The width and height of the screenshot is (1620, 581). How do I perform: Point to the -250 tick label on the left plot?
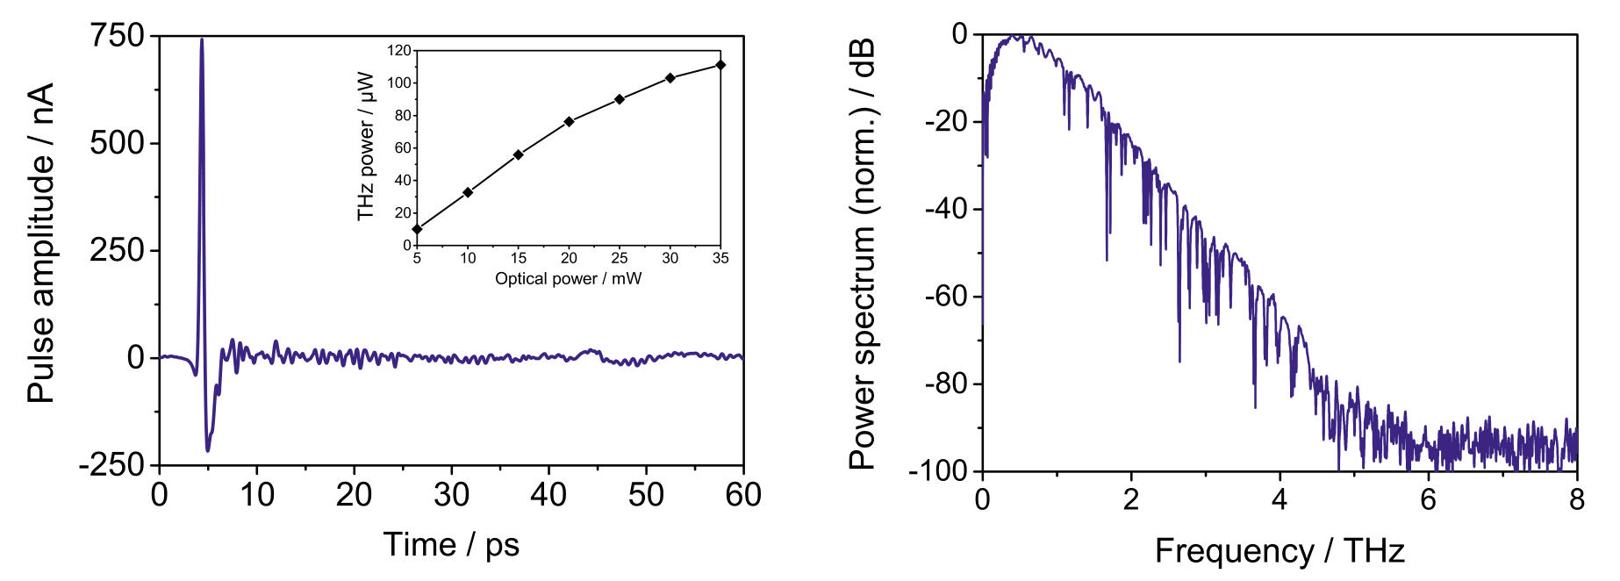pos(111,465)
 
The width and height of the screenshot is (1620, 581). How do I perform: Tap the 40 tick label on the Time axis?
pos(548,496)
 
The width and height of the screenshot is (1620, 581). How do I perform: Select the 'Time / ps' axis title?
pos(451,545)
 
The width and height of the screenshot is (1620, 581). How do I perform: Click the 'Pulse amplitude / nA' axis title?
pos(40,244)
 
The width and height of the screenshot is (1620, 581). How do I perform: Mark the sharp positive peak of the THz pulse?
pos(202,39)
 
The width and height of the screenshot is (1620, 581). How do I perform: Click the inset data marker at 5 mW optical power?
pos(417,229)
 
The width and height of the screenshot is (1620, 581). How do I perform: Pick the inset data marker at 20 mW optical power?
pos(569,121)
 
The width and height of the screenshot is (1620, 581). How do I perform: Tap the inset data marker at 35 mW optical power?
pos(720,64)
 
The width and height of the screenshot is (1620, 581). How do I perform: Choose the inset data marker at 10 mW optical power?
pos(468,192)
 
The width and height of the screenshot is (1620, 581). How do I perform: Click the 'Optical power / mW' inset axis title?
pos(568,279)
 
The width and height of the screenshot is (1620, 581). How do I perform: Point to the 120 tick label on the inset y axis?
pos(399,51)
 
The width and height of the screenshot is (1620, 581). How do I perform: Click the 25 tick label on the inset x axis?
pos(620,258)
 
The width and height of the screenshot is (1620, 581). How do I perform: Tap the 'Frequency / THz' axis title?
pos(1280,551)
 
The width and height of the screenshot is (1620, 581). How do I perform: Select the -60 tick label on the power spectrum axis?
pos(945,297)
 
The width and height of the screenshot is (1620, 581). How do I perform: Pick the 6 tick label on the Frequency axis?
pos(1429,499)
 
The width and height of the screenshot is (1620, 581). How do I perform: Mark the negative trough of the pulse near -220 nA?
pos(208,451)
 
